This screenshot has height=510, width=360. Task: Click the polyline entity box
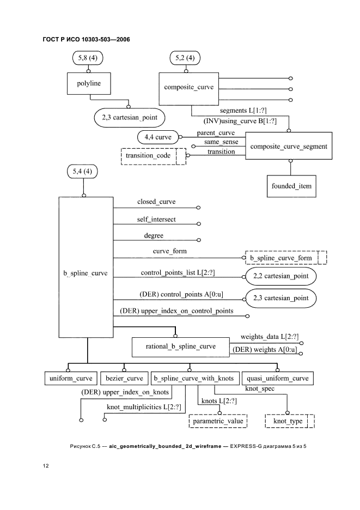[x=88, y=84]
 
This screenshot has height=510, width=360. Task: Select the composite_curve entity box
[x=189, y=87]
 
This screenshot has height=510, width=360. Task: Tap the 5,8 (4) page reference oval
[x=88, y=57]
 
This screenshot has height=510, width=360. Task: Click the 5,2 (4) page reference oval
[x=185, y=57]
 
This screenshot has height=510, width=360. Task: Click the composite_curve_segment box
[x=289, y=146]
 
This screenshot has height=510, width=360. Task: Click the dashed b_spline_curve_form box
[x=286, y=257]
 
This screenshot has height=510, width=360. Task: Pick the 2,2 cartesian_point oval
[x=280, y=276]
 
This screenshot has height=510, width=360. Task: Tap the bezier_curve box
[x=125, y=378]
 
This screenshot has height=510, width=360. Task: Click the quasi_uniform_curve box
[x=277, y=378]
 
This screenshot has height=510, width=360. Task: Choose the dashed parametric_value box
[x=218, y=421]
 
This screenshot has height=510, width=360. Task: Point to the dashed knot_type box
[x=291, y=421]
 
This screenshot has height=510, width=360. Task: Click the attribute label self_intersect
[x=156, y=219]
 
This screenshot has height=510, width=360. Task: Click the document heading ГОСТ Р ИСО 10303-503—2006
[x=86, y=39]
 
